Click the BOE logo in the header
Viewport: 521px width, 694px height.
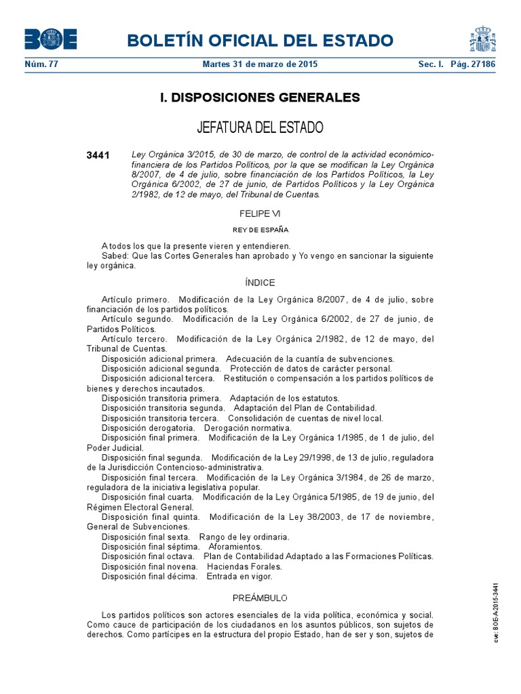tap(51, 39)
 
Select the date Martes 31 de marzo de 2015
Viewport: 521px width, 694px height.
tap(260, 64)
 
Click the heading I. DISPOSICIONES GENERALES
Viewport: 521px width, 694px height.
tap(260, 98)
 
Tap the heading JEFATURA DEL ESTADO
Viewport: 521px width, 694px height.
tap(260, 127)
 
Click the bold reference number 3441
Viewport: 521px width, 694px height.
tap(98, 155)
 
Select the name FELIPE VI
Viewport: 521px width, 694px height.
tap(260, 213)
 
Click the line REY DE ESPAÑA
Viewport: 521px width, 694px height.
tap(260, 230)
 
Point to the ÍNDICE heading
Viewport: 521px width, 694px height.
tap(260, 283)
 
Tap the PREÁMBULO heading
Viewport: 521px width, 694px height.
tap(260, 598)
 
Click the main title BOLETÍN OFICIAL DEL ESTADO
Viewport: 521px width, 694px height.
tap(260, 40)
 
